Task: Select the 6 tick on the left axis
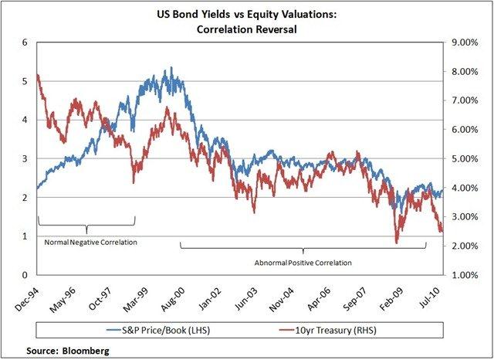coord(25,42)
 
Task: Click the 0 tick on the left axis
coord(25,275)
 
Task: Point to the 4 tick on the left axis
coord(25,120)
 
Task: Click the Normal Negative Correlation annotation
coord(87,243)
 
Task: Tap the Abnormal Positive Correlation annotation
coord(303,263)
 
